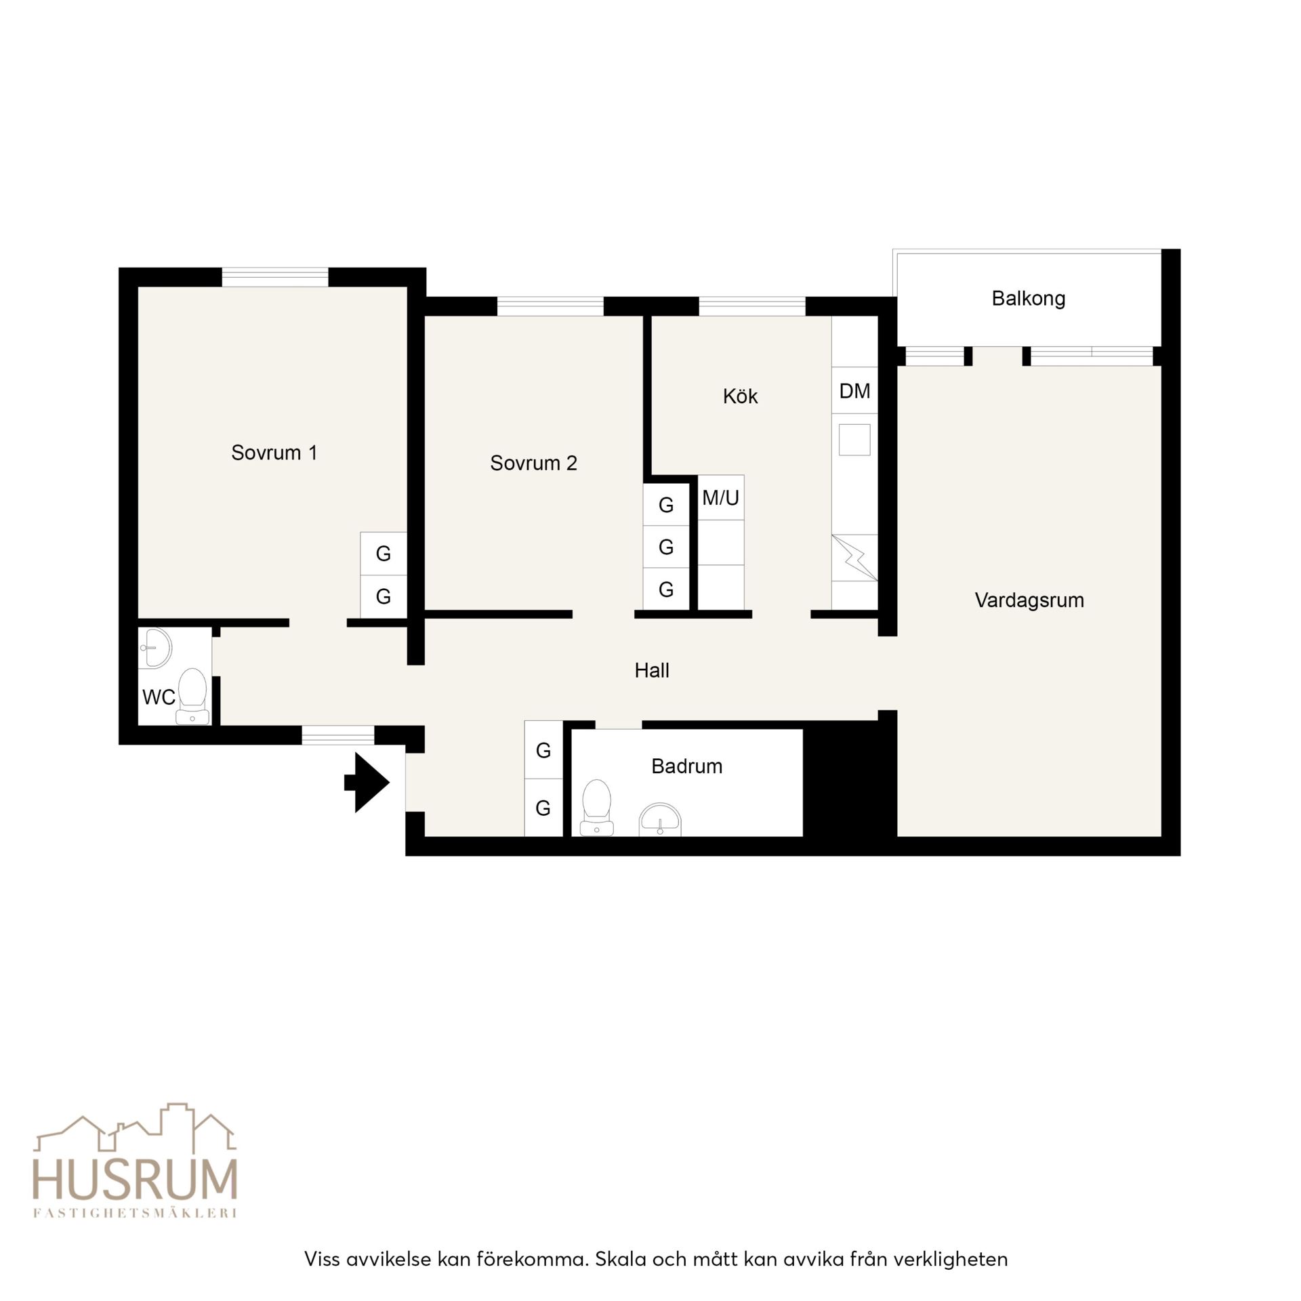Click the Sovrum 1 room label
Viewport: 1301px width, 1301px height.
(x=274, y=453)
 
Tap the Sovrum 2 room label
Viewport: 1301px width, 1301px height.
(x=533, y=463)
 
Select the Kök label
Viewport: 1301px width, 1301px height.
(x=740, y=396)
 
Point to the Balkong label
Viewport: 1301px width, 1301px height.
(x=1028, y=299)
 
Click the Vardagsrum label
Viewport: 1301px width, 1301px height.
(x=1029, y=600)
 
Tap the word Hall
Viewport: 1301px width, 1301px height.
(x=652, y=671)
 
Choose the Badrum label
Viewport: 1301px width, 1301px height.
(x=686, y=766)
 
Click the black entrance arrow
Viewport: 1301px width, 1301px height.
(x=367, y=783)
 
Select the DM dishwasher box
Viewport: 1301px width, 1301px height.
(x=854, y=390)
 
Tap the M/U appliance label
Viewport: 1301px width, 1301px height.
(x=720, y=498)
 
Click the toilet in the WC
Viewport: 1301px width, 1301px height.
(x=192, y=696)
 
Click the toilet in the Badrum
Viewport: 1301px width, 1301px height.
(x=596, y=808)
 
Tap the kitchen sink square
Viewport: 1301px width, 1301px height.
(x=854, y=440)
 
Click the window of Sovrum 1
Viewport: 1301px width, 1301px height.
(x=275, y=277)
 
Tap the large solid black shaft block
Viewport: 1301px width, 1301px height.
(x=850, y=779)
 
